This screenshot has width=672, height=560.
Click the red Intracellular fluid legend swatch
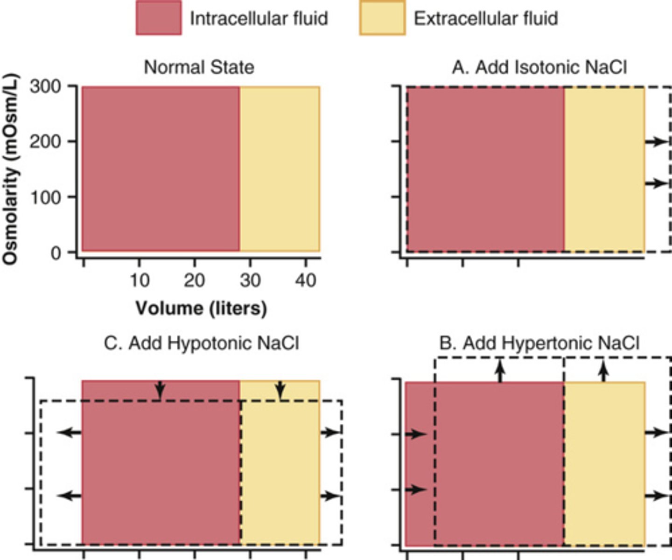(x=159, y=18)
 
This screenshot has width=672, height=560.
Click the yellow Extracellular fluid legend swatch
(x=382, y=18)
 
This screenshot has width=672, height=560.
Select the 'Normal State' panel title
(x=199, y=67)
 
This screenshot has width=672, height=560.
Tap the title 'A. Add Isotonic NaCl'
(x=539, y=67)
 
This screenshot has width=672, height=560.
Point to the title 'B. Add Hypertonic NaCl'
(x=539, y=343)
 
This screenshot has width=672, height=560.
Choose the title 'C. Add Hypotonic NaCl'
(x=201, y=343)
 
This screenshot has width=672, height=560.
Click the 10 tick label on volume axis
(x=139, y=280)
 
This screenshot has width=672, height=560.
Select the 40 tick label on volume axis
(x=306, y=280)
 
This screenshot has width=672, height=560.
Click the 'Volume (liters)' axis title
(x=201, y=308)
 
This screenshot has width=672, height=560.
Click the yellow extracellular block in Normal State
(x=280, y=169)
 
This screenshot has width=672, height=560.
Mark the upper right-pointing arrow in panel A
(x=657, y=141)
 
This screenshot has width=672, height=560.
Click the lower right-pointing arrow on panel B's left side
(x=415, y=490)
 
